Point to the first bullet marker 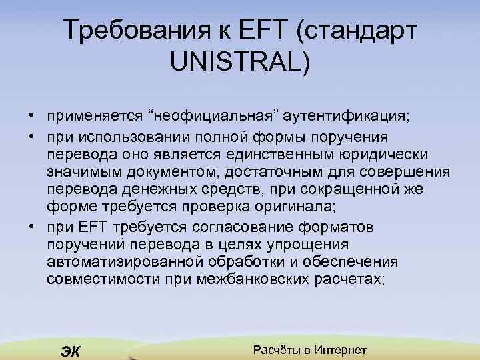coord(32,115)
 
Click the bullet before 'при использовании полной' coord(32,137)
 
